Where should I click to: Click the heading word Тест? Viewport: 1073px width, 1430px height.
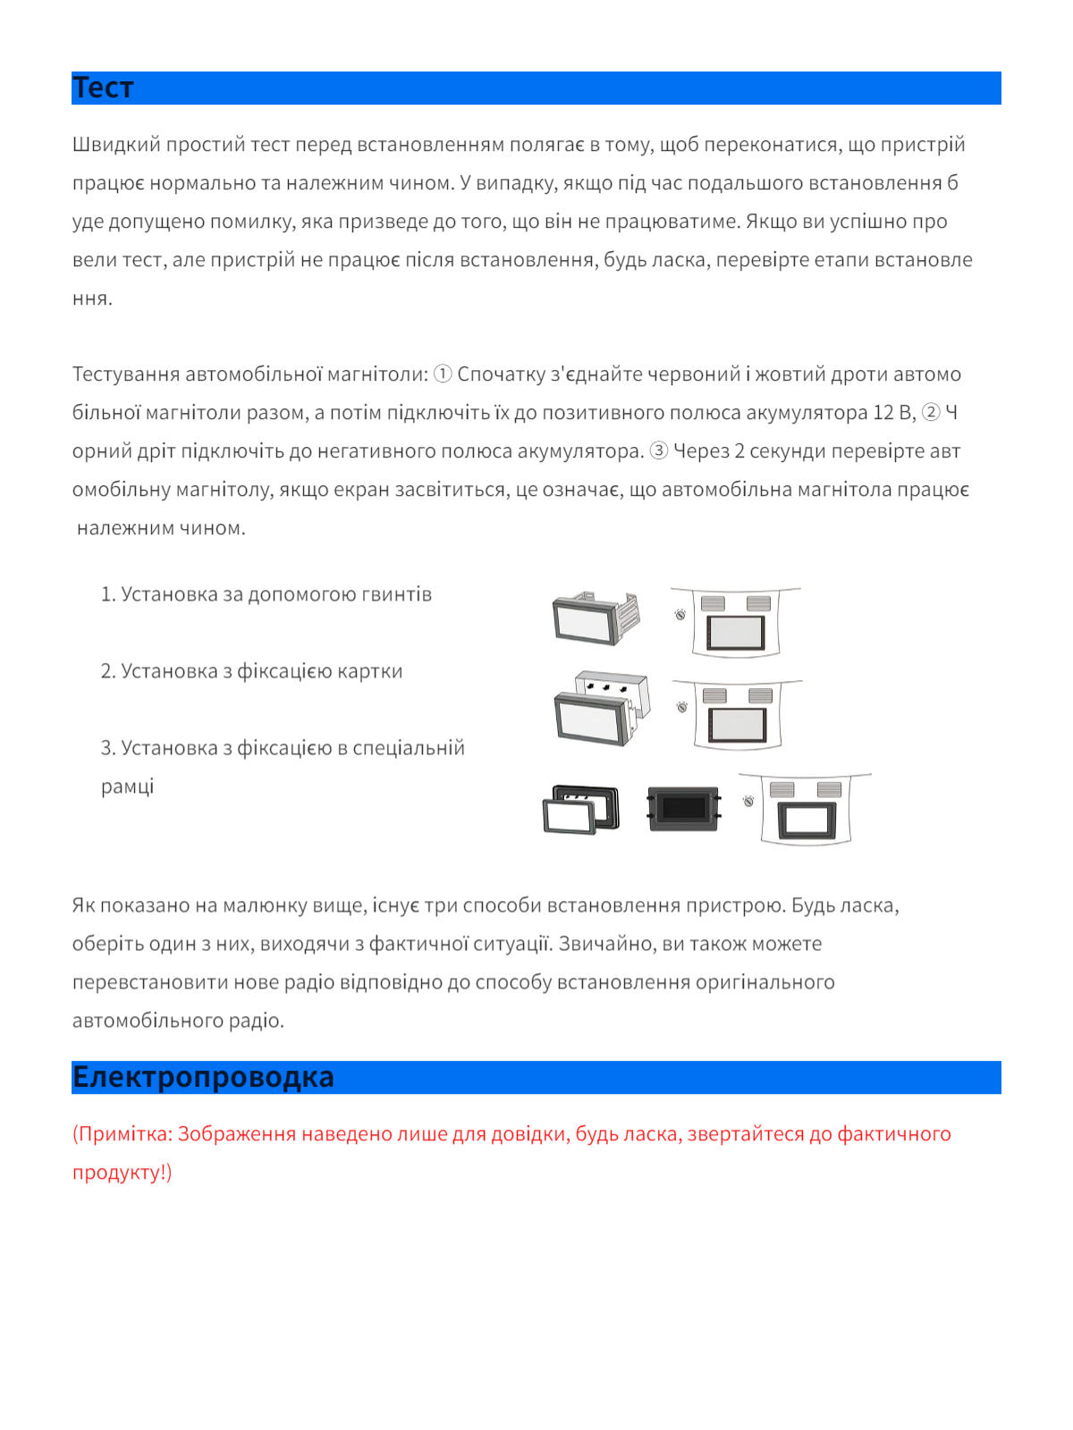pos(103,88)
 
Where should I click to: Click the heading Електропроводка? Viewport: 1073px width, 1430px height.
pos(203,1077)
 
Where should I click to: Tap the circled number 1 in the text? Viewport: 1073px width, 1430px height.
pos(443,374)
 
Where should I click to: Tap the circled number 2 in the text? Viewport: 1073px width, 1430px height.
pos(931,412)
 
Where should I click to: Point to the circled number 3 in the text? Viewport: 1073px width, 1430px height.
pos(658,450)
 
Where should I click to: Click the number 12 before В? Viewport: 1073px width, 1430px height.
pos(883,413)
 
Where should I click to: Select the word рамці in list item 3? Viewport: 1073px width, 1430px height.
pos(127,786)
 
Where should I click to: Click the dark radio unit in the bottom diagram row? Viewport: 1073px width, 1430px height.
pos(684,808)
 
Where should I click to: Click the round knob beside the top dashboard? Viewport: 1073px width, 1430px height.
pos(680,614)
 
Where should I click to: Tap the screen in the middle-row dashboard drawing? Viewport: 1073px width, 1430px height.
pos(737,723)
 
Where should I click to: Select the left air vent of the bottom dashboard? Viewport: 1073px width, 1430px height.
pos(782,789)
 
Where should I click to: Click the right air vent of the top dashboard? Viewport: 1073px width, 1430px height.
pos(758,603)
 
